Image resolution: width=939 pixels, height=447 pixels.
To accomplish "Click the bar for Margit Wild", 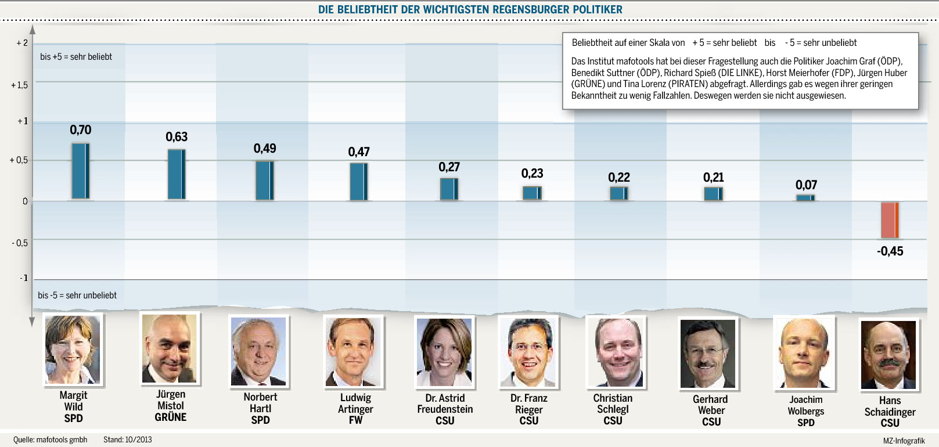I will tap(81, 171).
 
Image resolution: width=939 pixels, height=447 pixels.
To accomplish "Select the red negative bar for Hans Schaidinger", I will tap(890, 220).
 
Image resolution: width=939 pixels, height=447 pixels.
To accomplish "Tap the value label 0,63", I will tap(177, 137).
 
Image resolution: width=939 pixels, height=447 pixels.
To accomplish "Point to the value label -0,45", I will tap(890, 251).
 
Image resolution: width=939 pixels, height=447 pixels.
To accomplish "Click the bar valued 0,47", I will tap(358, 182).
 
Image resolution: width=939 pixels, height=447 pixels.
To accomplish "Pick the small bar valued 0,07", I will tap(805, 198).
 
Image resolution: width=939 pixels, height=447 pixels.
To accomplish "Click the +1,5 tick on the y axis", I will tap(19, 85).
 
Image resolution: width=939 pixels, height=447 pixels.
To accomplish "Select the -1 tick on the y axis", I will tap(23, 278).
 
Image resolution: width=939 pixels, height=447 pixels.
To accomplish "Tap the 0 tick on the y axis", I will tap(25, 201).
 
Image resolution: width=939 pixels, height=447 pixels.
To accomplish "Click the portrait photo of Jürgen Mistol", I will tap(170, 348).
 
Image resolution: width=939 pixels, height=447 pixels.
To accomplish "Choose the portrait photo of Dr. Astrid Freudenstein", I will tap(444, 352).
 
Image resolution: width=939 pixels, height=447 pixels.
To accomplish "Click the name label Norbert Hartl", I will tap(260, 402).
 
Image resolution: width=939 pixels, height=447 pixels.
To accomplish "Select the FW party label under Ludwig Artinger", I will tap(355, 420).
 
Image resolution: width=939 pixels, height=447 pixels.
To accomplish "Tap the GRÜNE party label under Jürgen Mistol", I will tap(171, 417).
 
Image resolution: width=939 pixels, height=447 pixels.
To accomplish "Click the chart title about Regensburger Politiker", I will tap(470, 9).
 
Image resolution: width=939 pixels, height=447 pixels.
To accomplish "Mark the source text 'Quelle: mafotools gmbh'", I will tap(51, 439).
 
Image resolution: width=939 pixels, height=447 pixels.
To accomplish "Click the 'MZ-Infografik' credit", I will tap(904, 441).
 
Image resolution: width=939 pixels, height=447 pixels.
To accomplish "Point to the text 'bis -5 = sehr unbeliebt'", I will tap(77, 295).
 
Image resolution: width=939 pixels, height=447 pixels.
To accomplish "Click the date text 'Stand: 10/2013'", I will tap(127, 439).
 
